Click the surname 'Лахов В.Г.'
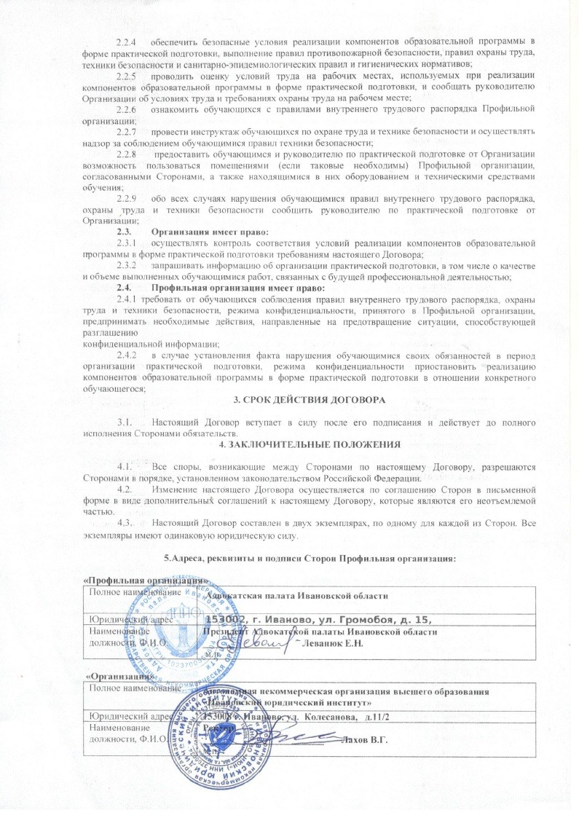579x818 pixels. point(365,740)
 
